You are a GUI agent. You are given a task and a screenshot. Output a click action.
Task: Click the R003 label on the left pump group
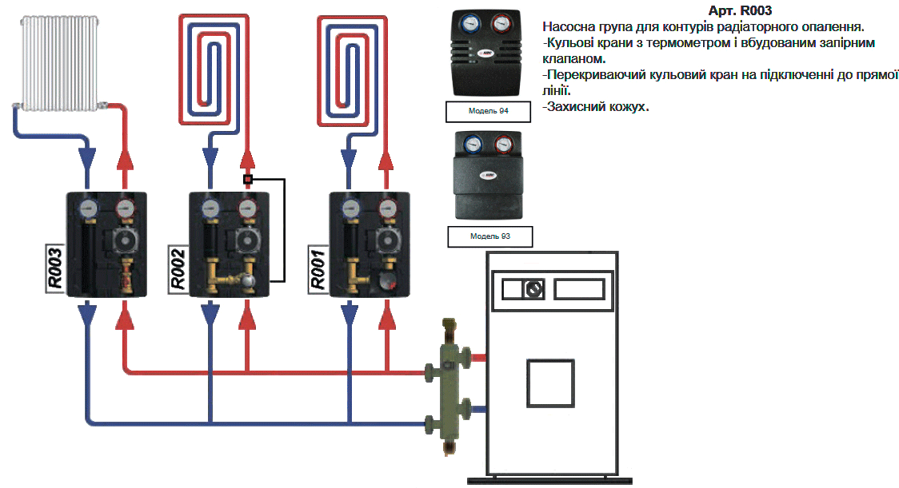(x=54, y=268)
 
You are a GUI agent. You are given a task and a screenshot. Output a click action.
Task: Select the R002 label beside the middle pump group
(x=178, y=268)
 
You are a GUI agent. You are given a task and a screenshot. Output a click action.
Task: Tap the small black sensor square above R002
(x=248, y=180)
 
